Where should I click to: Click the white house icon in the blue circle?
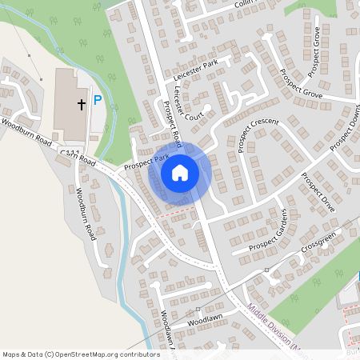point(180,173)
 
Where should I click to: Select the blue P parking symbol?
point(98,100)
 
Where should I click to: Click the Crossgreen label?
point(319,240)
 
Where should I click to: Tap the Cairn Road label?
point(86,159)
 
